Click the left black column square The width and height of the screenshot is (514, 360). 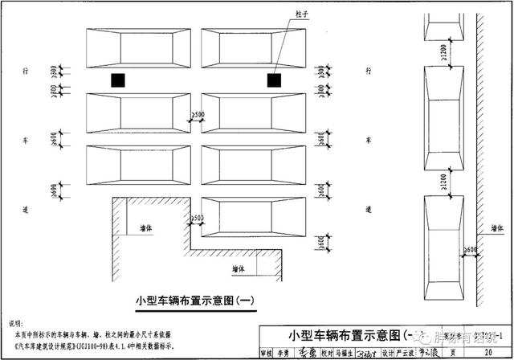(x=118, y=80)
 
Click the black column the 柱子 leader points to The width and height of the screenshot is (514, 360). (x=275, y=80)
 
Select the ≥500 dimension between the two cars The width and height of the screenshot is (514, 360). (x=195, y=115)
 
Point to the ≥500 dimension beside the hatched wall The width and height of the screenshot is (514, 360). (x=195, y=218)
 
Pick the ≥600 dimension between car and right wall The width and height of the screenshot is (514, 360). (x=471, y=250)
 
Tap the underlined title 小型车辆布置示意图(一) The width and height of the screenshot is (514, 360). (x=195, y=300)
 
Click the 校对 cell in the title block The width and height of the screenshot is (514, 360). (x=324, y=352)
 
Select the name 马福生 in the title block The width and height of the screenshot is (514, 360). (x=344, y=352)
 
